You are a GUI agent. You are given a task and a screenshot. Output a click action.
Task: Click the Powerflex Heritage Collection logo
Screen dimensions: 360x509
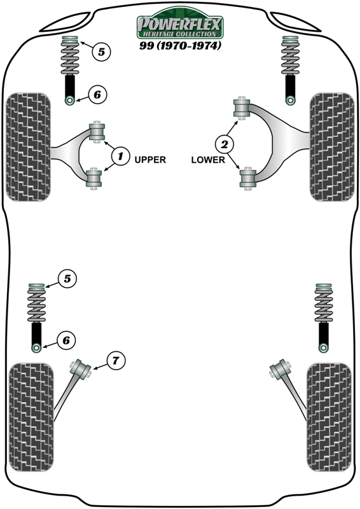pos(179,23)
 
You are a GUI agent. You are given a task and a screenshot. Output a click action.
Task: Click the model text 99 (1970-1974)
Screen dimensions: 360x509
pos(181,45)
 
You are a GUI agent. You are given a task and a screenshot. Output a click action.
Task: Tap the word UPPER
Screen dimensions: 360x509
pos(150,160)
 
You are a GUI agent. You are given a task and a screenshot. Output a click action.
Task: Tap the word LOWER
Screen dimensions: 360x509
pos(208,160)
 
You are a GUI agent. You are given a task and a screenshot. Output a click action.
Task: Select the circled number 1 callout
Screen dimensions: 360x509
pos(120,156)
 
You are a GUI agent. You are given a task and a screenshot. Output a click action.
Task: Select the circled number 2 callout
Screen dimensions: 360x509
pos(225,144)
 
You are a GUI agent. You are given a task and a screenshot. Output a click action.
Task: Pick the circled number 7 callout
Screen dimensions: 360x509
pos(116,360)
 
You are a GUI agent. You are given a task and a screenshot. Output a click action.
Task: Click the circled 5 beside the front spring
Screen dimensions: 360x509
pos(101,52)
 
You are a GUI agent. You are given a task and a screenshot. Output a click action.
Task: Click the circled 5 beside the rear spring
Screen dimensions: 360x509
pos(67,279)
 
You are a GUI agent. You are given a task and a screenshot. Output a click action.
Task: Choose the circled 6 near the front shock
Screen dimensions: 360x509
pos(97,94)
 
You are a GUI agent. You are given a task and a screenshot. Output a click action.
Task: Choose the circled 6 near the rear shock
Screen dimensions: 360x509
pos(66,340)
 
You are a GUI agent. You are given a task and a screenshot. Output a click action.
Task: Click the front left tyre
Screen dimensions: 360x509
pos(28,147)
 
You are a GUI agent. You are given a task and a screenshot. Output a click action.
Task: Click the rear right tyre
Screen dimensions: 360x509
pos(329,417)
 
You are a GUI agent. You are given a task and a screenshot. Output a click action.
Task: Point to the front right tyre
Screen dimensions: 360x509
pos(332,147)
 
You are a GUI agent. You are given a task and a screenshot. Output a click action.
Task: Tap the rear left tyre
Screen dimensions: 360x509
pos(31,417)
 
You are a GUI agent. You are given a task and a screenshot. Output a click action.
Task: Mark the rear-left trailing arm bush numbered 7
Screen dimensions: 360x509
pos(80,369)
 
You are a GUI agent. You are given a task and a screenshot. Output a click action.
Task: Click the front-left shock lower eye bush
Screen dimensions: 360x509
pos(70,101)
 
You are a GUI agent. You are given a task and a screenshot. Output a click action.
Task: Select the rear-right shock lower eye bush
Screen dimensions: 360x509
pos(323,348)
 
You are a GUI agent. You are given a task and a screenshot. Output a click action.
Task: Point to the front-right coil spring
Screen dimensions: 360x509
pos(290,55)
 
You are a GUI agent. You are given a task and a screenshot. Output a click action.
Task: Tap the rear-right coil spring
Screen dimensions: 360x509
pos(324,303)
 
